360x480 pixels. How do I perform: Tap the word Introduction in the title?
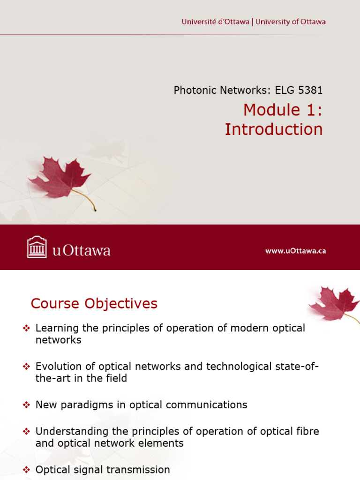coord(273,129)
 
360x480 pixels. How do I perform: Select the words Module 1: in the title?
coord(283,110)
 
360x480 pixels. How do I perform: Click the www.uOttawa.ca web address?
coord(295,251)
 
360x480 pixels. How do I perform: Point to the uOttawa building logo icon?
coord(37,247)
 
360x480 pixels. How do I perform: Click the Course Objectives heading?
coord(94,304)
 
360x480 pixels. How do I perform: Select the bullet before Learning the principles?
coord(26,329)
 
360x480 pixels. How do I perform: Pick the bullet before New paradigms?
coord(26,405)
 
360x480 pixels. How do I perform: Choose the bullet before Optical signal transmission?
coord(26,470)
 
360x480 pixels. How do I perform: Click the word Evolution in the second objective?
coord(58,366)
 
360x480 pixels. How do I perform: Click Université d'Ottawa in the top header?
coord(216,22)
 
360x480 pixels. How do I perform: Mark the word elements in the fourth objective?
coord(164,443)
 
